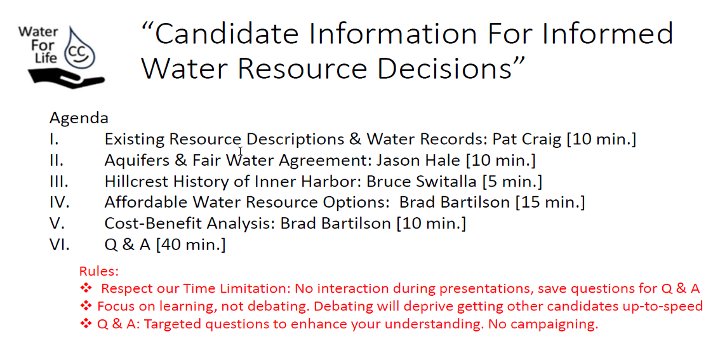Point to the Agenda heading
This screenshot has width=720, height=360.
click(79, 119)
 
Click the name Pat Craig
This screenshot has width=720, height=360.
click(527, 139)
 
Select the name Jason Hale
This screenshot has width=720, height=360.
click(418, 160)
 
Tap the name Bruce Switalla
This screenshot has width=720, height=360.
click(422, 182)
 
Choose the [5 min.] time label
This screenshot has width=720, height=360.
click(512, 182)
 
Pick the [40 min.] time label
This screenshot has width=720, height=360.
click(190, 244)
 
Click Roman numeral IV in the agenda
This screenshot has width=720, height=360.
click(60, 203)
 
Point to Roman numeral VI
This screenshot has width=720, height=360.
click(60, 244)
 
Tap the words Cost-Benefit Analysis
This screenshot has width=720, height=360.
click(190, 223)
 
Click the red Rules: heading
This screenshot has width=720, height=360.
click(98, 271)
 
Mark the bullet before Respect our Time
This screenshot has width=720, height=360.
click(86, 288)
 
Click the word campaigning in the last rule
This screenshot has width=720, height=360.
click(555, 324)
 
